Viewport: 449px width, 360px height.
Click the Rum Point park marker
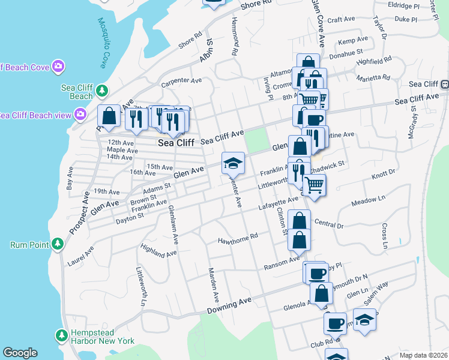tap(58, 244)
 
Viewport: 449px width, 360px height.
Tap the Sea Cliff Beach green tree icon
tap(103, 91)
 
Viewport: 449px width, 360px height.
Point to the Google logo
tap(20, 353)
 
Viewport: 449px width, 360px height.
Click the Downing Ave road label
tap(229, 305)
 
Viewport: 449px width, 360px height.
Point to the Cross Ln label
tap(385, 236)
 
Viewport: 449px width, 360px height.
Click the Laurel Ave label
tap(81, 258)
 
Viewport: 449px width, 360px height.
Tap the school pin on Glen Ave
tap(233, 163)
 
